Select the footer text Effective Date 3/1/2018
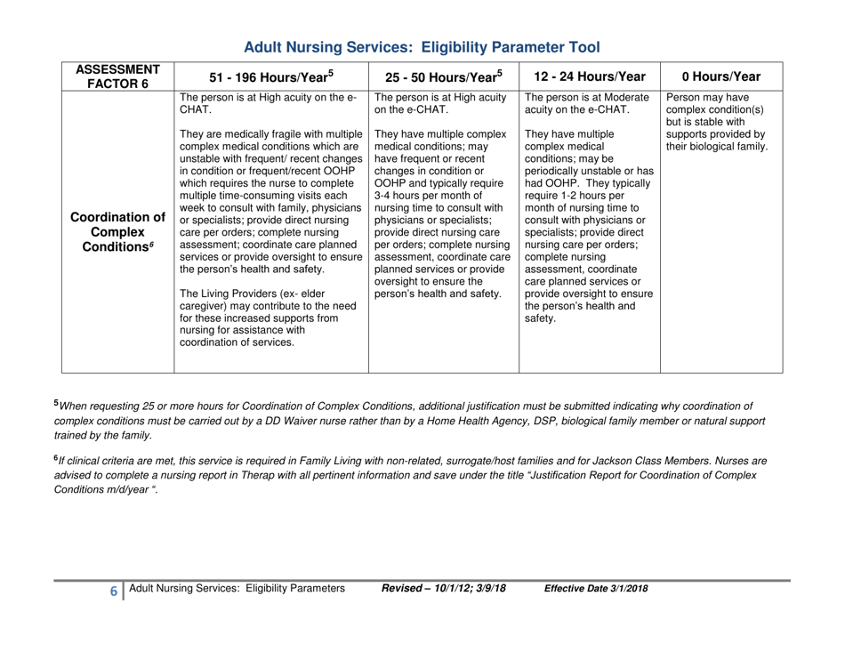click(595, 614)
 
